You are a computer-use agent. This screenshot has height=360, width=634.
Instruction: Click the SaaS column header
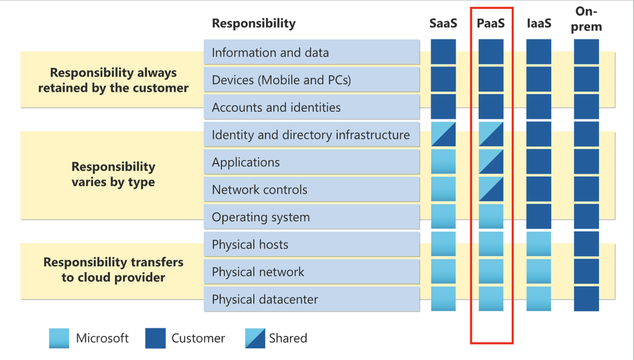tap(443, 23)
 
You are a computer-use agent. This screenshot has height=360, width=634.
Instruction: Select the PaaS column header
tap(491, 23)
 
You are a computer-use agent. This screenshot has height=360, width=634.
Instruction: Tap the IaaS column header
tap(539, 23)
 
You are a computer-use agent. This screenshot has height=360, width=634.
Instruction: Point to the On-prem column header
tap(586, 19)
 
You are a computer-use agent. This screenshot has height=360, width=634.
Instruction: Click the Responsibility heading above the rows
tap(254, 23)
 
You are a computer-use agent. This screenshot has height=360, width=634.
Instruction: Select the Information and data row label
tap(270, 53)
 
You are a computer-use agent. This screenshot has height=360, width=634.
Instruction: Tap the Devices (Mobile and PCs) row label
tap(281, 80)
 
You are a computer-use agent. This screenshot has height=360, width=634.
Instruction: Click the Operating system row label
tap(261, 217)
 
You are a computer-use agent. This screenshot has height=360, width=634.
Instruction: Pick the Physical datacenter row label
tap(264, 299)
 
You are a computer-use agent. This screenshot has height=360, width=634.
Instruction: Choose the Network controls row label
tap(259, 190)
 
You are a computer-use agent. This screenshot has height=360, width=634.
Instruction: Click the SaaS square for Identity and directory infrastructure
tap(443, 134)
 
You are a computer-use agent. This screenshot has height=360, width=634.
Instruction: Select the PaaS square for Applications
tap(491, 162)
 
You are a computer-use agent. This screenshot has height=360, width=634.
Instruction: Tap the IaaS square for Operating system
tap(539, 217)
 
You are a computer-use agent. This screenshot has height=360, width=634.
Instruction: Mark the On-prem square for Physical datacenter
tap(586, 299)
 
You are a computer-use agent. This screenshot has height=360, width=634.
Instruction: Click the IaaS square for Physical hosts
tap(539, 244)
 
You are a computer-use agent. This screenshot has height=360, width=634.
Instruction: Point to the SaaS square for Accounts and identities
tap(443, 107)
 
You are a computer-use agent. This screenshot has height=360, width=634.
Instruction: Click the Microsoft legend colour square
tap(59, 338)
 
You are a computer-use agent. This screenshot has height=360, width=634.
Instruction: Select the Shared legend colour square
tap(254, 338)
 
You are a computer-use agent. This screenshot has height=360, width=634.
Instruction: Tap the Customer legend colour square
tap(155, 338)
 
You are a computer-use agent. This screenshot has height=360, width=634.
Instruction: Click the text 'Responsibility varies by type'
tap(113, 174)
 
